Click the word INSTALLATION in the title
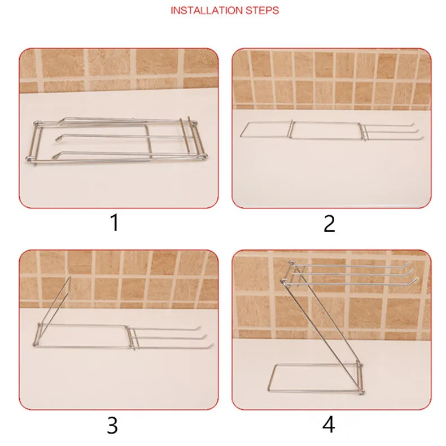pyautogui.click(x=207, y=11)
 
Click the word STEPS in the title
pyautogui.click(x=262, y=11)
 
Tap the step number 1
pyautogui.click(x=115, y=222)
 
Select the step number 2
pyautogui.click(x=329, y=224)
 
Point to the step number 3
pyautogui.click(x=112, y=425)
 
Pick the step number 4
pyautogui.click(x=329, y=425)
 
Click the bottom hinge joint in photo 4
pyautogui.click(x=362, y=392)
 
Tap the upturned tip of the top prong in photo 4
pyautogui.click(x=408, y=264)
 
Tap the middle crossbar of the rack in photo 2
pyautogui.click(x=291, y=129)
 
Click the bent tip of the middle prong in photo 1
pyautogui.click(x=58, y=138)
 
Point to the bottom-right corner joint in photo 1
pyautogui.click(x=204, y=157)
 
